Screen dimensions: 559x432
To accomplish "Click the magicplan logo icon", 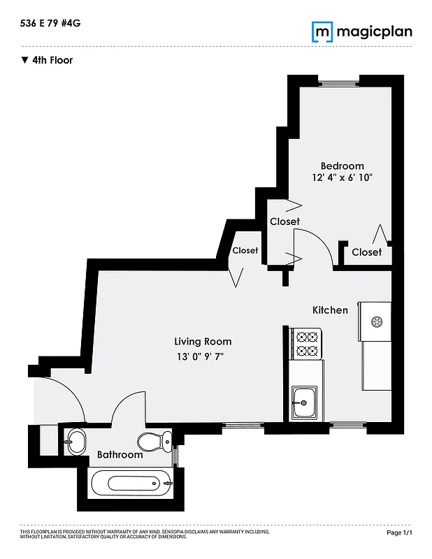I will tap(322, 31).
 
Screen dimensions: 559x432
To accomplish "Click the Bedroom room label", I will tap(342, 166).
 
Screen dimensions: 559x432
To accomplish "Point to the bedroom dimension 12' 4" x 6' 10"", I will tap(342, 177).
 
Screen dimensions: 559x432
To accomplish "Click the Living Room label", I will tap(203, 342).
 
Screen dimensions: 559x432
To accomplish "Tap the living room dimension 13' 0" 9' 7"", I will tap(203, 357).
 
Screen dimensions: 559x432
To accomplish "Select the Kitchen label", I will tap(329, 310).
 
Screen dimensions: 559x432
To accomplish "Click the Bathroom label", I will tap(120, 455).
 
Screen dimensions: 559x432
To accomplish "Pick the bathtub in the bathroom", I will tap(131, 482).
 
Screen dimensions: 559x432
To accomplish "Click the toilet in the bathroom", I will tap(154, 441).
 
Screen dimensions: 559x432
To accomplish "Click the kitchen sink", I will tap(304, 402).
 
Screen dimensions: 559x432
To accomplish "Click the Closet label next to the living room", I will tap(245, 250).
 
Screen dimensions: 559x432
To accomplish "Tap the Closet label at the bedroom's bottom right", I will tap(366, 252).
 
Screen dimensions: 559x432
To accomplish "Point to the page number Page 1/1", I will tap(400, 532).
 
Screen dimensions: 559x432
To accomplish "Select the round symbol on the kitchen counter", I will tap(377, 322).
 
